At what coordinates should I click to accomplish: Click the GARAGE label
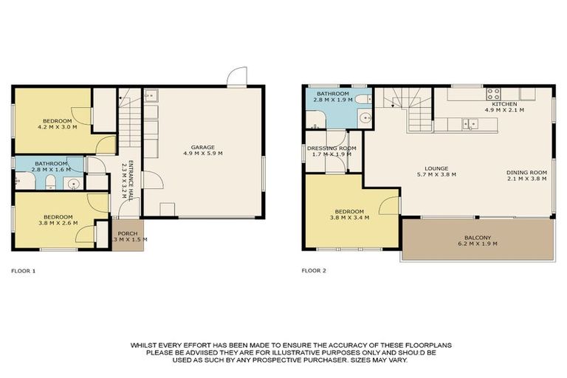[x=202, y=146]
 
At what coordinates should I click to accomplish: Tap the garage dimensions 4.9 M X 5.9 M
[x=202, y=153]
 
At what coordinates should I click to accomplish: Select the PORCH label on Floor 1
[x=128, y=233]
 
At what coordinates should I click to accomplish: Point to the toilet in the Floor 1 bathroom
[x=49, y=182]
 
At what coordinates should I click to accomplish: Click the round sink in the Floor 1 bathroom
[x=72, y=182]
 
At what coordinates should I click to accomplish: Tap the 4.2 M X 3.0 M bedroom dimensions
[x=57, y=127]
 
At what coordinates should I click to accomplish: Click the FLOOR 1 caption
[x=23, y=271]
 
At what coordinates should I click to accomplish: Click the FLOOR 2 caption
[x=314, y=271]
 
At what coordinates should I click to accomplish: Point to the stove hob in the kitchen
[x=492, y=94]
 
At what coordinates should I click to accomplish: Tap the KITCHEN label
[x=504, y=104]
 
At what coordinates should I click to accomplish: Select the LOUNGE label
[x=436, y=168]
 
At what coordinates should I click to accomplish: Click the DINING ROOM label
[x=526, y=173]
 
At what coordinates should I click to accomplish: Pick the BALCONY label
[x=478, y=238]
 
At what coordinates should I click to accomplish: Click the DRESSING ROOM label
[x=331, y=148]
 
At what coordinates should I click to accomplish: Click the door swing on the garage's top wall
[x=236, y=77]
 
